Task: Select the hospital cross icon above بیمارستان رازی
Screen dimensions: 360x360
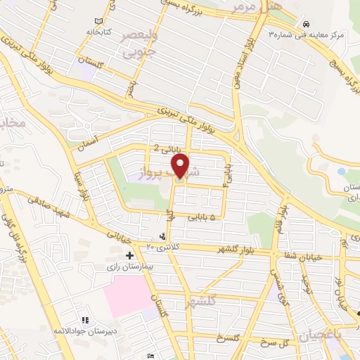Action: tap(129, 257)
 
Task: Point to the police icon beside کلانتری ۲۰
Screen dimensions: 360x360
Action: tap(163, 236)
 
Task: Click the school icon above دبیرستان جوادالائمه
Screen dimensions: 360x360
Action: tap(84, 321)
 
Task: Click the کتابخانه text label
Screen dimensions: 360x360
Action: tap(99, 32)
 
